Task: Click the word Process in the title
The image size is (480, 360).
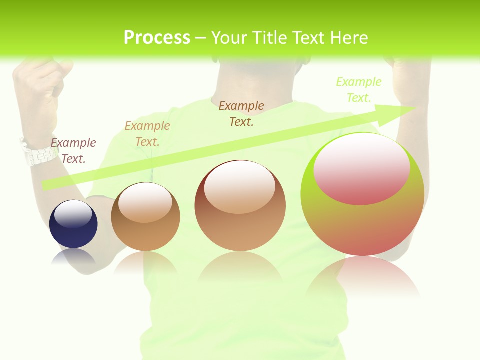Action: [157, 38]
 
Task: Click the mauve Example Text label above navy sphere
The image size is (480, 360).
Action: [73, 151]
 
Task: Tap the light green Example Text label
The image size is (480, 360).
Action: [359, 90]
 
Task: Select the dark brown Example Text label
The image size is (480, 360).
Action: [241, 113]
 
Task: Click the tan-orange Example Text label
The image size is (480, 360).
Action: [147, 134]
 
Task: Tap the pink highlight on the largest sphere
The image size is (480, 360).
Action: [362, 170]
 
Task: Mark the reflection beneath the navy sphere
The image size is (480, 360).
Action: [73, 257]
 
